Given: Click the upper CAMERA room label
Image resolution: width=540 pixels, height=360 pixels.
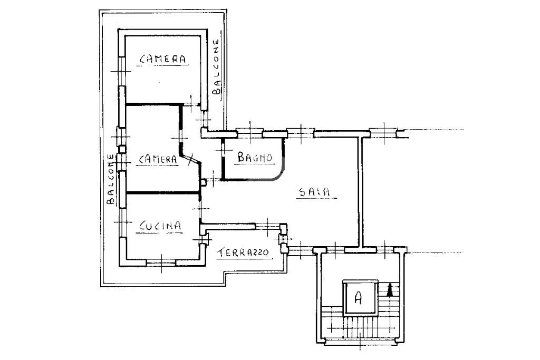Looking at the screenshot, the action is [x=162, y=59].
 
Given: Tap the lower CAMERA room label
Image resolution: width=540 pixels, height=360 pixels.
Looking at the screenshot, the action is [x=158, y=159].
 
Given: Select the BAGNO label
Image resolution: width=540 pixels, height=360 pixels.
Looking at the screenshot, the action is [x=255, y=157].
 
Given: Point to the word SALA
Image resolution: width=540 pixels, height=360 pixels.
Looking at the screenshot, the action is [x=314, y=192].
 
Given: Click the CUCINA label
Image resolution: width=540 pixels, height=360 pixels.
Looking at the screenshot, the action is [x=160, y=226].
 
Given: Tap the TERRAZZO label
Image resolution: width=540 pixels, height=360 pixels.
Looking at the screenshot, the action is [x=243, y=252].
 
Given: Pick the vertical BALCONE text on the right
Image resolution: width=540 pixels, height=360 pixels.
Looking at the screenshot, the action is [x=216, y=67].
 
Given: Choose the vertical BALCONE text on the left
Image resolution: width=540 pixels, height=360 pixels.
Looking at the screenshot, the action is [x=111, y=179].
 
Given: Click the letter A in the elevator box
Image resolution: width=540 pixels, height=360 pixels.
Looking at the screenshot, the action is [x=358, y=297].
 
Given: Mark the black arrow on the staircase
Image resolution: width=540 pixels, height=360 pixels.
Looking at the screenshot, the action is [x=390, y=290].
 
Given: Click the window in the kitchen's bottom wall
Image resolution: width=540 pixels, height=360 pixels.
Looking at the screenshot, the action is [x=161, y=263].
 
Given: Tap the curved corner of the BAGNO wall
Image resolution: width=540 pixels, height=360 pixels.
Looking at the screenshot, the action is [x=279, y=175].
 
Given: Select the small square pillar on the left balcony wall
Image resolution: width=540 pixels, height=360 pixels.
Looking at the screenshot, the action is [x=122, y=150].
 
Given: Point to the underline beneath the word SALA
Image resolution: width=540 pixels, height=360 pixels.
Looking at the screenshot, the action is [x=316, y=198].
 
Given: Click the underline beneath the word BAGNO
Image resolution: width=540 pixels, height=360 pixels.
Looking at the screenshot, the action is [x=254, y=164].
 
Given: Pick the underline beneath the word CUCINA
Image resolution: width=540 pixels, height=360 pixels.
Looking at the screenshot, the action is [x=159, y=232].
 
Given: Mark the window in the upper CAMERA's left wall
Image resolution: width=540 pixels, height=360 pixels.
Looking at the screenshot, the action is [x=122, y=71].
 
